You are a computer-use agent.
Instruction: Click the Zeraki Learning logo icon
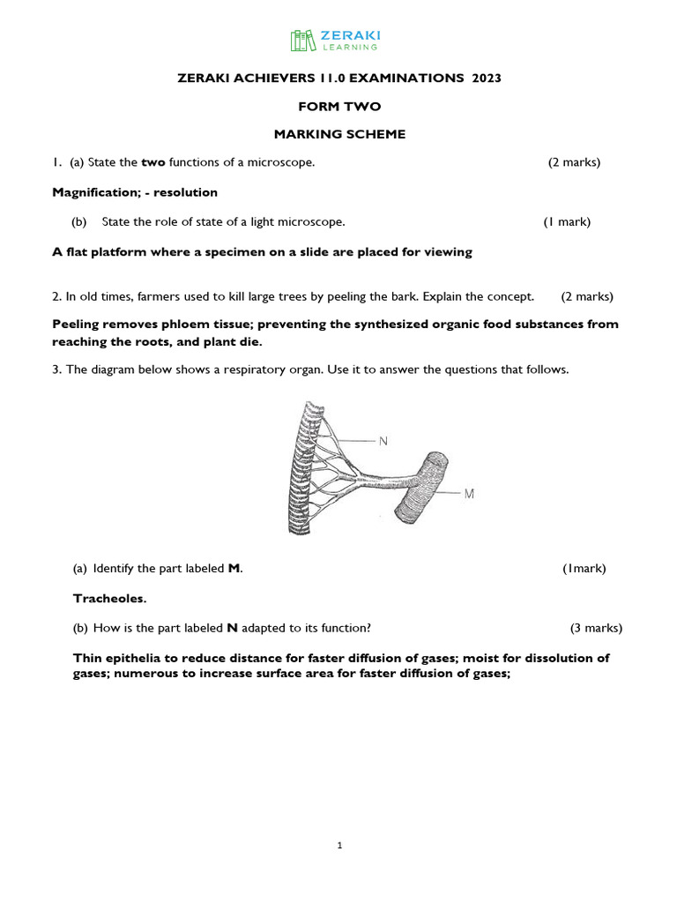(301, 41)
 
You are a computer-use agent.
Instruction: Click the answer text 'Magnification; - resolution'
(135, 192)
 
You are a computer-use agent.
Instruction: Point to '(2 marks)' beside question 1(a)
(574, 162)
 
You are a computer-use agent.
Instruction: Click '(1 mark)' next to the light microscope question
(567, 222)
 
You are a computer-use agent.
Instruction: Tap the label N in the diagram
(383, 440)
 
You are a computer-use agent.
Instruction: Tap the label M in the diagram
(469, 494)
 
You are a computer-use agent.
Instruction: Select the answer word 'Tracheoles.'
(109, 599)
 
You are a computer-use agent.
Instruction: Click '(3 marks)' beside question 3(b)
(596, 629)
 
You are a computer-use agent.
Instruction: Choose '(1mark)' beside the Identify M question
(584, 569)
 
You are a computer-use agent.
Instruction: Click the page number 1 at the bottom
(339, 846)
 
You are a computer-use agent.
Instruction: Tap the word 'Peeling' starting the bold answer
(77, 325)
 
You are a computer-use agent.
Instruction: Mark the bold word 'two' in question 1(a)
(153, 162)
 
